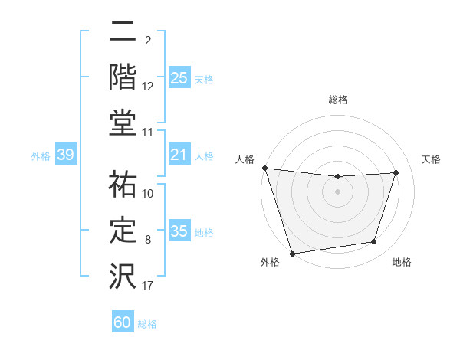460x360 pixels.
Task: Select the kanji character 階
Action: pos(123,77)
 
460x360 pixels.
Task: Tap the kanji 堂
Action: pos(123,123)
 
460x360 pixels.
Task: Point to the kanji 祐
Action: pos(123,184)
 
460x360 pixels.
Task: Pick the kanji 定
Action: pos(123,230)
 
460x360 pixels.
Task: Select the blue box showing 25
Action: pos(179,77)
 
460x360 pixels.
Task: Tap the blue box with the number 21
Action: pos(179,155)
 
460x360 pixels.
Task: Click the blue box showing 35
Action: pos(179,231)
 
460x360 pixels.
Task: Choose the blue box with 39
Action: pos(65,155)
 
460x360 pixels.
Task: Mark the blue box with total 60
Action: pos(123,322)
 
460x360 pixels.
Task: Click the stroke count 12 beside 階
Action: pos(148,87)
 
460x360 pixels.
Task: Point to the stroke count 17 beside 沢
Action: pos(148,286)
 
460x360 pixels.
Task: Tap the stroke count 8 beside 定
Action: pos(148,240)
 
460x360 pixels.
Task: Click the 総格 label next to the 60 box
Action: pos(147,324)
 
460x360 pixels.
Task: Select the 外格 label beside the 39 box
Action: pos(41,156)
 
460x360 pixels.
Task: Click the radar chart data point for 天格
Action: pos(396,172)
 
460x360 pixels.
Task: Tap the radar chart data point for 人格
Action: pos(264,168)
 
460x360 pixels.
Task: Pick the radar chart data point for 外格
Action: pos(292,253)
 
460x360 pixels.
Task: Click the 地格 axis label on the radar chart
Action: pos(402,262)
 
